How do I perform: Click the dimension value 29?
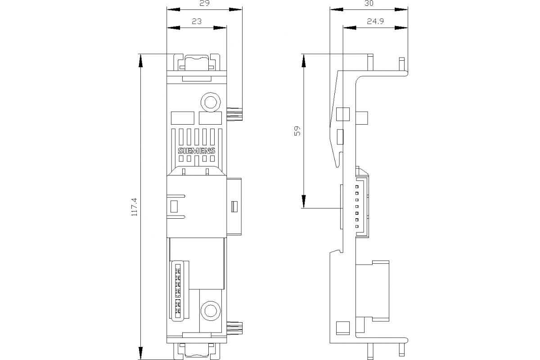click(x=204, y=4)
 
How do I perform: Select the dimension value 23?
click(x=196, y=21)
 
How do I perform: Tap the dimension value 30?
click(x=369, y=4)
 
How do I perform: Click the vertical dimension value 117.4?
click(x=134, y=207)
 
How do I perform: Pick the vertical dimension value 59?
click(x=297, y=131)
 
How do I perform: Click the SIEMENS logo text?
click(x=197, y=151)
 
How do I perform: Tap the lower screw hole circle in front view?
click(x=210, y=310)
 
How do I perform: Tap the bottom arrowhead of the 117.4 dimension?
click(x=141, y=354)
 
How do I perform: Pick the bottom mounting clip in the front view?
click(x=196, y=351)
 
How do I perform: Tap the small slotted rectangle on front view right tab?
click(x=234, y=207)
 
